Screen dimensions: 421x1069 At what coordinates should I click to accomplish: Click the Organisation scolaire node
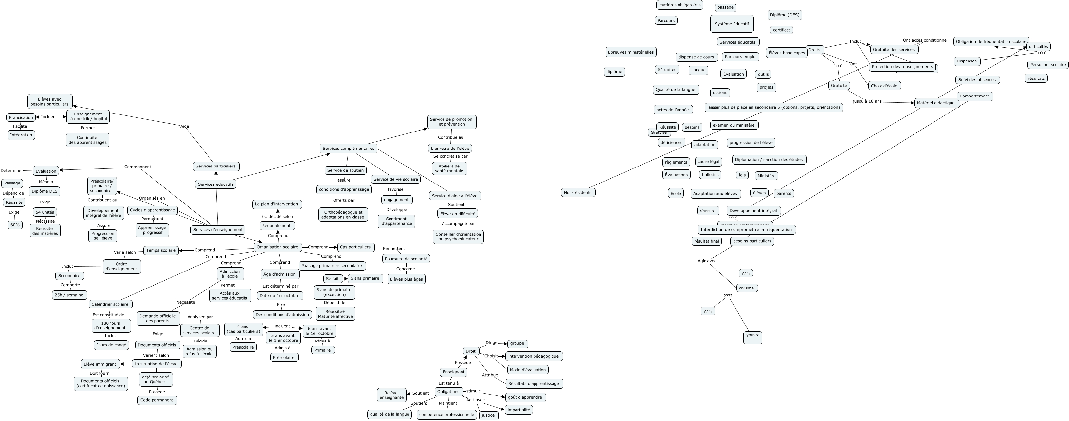click(277, 247)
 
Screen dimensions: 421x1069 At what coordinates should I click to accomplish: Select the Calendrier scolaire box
click(110, 304)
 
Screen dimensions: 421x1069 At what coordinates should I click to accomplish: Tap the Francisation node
click(21, 117)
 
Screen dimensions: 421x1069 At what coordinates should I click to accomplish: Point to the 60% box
click(15, 225)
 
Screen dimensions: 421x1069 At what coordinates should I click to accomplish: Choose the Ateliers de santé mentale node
click(449, 168)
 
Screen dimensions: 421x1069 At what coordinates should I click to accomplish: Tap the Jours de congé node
click(111, 345)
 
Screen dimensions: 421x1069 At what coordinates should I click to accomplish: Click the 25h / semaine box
click(69, 295)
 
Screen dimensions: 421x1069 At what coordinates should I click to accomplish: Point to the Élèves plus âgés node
click(406, 279)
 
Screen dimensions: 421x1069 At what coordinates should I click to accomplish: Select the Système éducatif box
click(732, 24)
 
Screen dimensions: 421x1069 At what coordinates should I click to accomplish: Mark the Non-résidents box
click(578, 192)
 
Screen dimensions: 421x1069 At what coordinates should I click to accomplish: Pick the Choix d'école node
click(884, 86)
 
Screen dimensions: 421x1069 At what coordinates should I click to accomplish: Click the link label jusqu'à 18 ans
click(867, 101)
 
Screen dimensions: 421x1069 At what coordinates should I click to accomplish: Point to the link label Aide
click(184, 126)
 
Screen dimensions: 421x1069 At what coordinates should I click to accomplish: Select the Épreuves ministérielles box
click(631, 52)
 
